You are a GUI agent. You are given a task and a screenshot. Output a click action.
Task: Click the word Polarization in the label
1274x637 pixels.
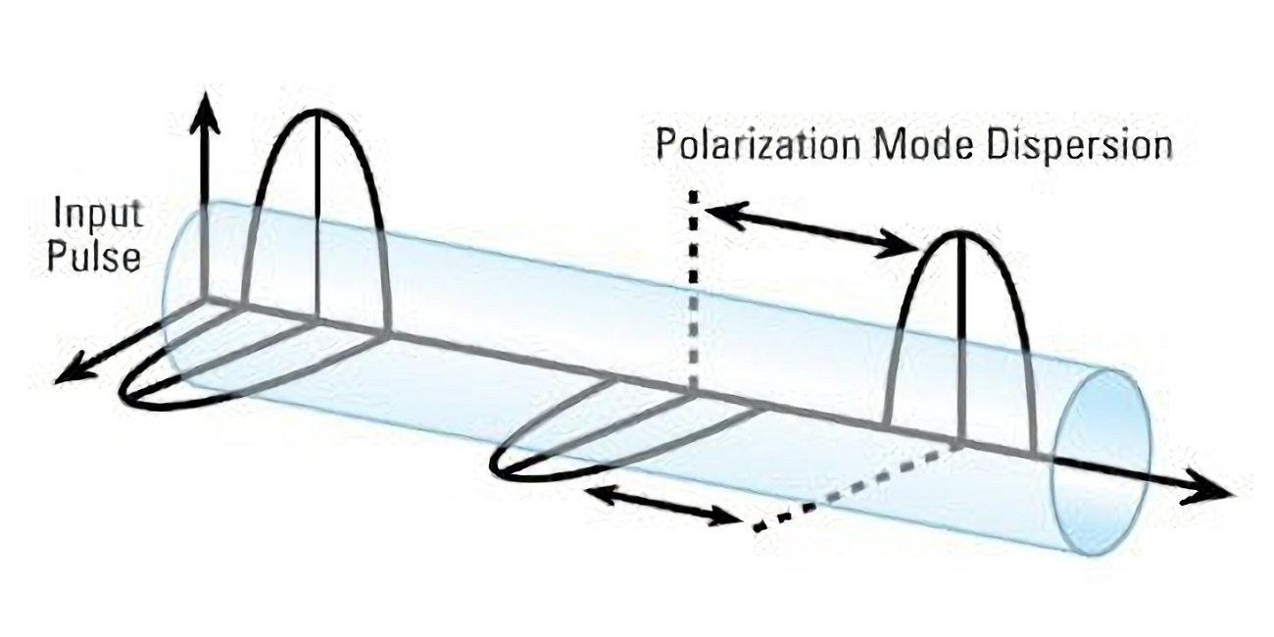coord(757,146)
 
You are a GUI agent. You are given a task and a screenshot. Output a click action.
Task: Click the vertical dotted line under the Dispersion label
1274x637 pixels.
coord(693,294)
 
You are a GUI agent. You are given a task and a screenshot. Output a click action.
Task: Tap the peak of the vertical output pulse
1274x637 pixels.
coord(961,233)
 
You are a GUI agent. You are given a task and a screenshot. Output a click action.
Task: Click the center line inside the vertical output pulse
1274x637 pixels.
coord(961,343)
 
